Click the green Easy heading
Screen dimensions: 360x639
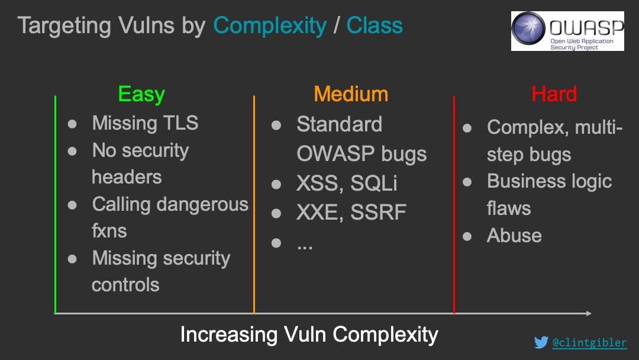pyautogui.click(x=141, y=95)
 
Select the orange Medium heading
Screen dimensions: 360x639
pyautogui.click(x=351, y=94)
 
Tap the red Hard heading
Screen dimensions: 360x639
pyautogui.click(x=554, y=94)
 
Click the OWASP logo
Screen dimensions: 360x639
pyautogui.click(x=567, y=31)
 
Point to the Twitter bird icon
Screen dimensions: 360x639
pyautogui.click(x=541, y=342)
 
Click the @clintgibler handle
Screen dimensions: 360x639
pyautogui.click(x=589, y=342)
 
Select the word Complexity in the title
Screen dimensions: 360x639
pyautogui.click(x=270, y=25)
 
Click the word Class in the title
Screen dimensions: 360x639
pyautogui.click(x=375, y=25)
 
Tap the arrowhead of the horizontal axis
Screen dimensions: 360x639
pyautogui.click(x=588, y=313)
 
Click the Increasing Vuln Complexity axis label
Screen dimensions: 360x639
pyautogui.click(x=309, y=335)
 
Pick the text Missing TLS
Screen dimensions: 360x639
pyautogui.click(x=145, y=123)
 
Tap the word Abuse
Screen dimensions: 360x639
pyautogui.click(x=514, y=236)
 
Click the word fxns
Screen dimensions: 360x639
pyautogui.click(x=109, y=230)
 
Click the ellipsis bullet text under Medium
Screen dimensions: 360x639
pyautogui.click(x=305, y=243)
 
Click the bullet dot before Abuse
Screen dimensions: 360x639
pyautogui.click(x=467, y=236)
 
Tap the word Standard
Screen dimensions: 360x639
pyautogui.click(x=339, y=124)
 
